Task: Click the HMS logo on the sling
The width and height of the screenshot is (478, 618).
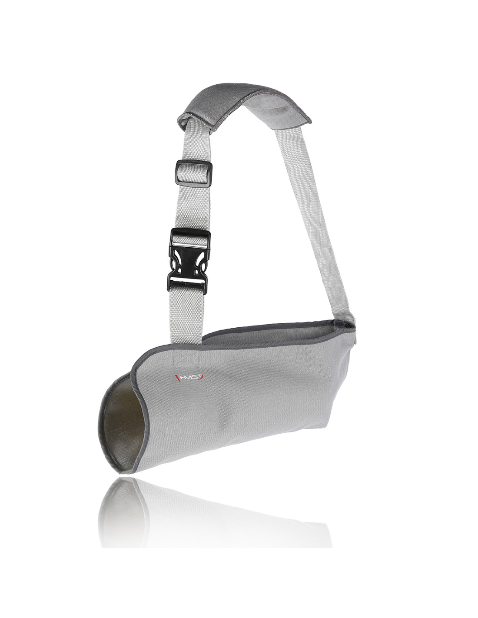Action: pos(189,377)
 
